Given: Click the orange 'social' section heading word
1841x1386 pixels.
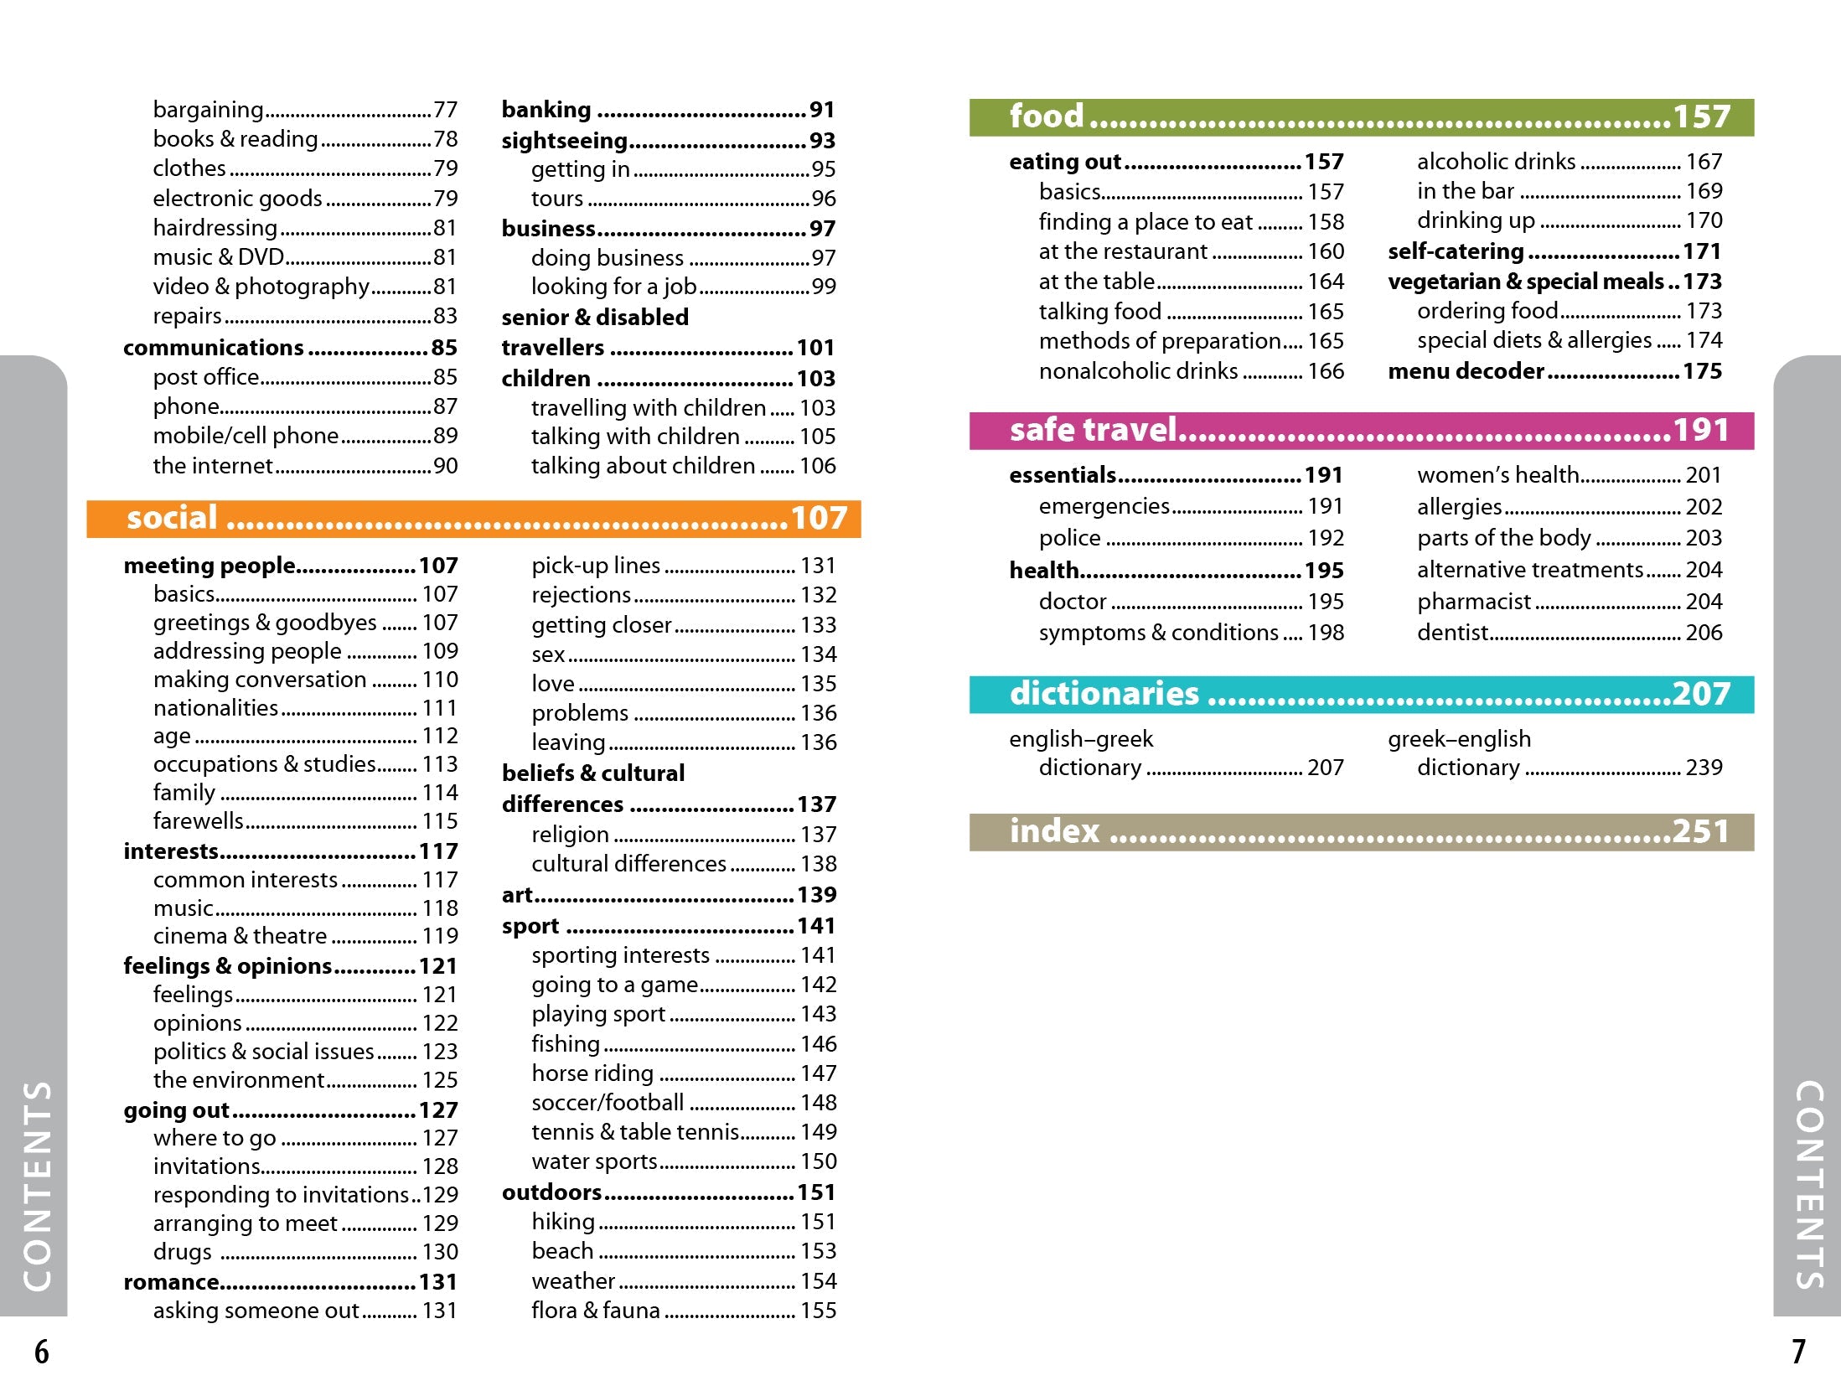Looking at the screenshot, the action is tap(172, 518).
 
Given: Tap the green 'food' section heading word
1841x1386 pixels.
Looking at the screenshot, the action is tap(1047, 116).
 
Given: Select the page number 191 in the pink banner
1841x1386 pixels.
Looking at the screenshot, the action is tap(1701, 430).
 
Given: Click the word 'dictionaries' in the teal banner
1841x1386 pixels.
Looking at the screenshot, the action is tap(1104, 694).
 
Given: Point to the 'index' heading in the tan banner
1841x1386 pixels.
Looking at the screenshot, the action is tap(1054, 831).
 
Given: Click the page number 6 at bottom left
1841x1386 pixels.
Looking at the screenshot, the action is tap(41, 1352).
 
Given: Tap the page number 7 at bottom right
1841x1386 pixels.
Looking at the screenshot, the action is tap(1798, 1352).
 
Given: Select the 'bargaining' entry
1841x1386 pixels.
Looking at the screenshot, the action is tap(208, 110).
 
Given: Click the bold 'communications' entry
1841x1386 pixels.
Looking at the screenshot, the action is tap(214, 347).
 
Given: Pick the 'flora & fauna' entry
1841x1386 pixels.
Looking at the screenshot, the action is tap(596, 1310).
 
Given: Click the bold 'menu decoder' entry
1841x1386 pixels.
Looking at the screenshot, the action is tap(1466, 370).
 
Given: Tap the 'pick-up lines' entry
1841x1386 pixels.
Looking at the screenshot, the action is tap(596, 566).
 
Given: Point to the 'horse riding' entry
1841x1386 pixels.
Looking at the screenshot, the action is tap(592, 1073).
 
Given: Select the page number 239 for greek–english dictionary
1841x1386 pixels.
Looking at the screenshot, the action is tap(1704, 768).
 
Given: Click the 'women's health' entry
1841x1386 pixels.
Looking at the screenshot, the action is tap(1497, 475).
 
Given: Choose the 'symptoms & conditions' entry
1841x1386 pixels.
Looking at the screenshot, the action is tap(1159, 633).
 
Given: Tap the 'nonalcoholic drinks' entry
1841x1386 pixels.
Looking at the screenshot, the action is tap(1138, 370).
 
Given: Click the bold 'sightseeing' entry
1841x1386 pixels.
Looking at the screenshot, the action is tap(565, 141).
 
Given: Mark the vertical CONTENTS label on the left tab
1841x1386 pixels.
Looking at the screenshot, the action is tap(38, 1186).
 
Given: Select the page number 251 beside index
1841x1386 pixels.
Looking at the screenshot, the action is tap(1701, 831).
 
